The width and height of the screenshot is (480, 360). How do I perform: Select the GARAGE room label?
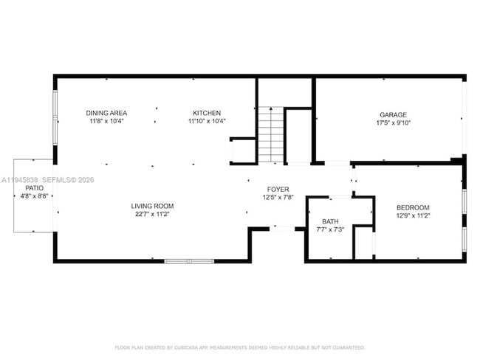click(x=393, y=115)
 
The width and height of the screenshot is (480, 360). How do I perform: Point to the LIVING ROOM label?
click(x=152, y=206)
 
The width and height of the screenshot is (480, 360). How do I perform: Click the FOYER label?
click(x=278, y=189)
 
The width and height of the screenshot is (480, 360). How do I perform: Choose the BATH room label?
click(x=330, y=221)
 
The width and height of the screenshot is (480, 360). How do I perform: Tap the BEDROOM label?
click(x=413, y=208)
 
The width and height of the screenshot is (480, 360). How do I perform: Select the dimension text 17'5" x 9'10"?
click(x=393, y=123)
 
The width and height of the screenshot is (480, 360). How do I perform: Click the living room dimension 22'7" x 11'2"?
click(x=152, y=214)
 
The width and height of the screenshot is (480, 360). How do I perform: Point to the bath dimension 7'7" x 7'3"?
click(x=330, y=229)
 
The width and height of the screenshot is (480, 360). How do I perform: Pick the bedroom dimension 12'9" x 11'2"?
click(x=413, y=216)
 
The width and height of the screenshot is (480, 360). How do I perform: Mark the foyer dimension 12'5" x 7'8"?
click(x=278, y=197)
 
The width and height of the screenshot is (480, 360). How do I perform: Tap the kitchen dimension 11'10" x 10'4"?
click(x=207, y=121)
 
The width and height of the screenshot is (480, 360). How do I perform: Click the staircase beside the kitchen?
click(x=270, y=134)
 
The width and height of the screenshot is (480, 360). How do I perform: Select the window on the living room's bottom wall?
click(x=188, y=260)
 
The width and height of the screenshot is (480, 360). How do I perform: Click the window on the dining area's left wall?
click(x=55, y=118)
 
